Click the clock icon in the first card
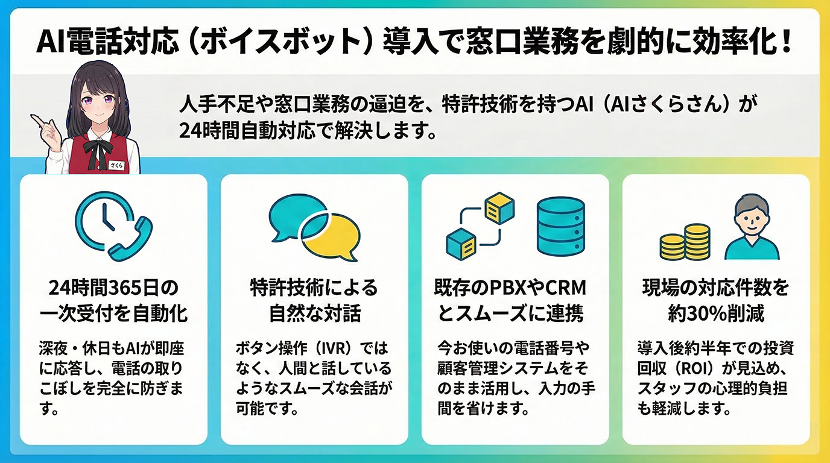[x=103, y=218]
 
